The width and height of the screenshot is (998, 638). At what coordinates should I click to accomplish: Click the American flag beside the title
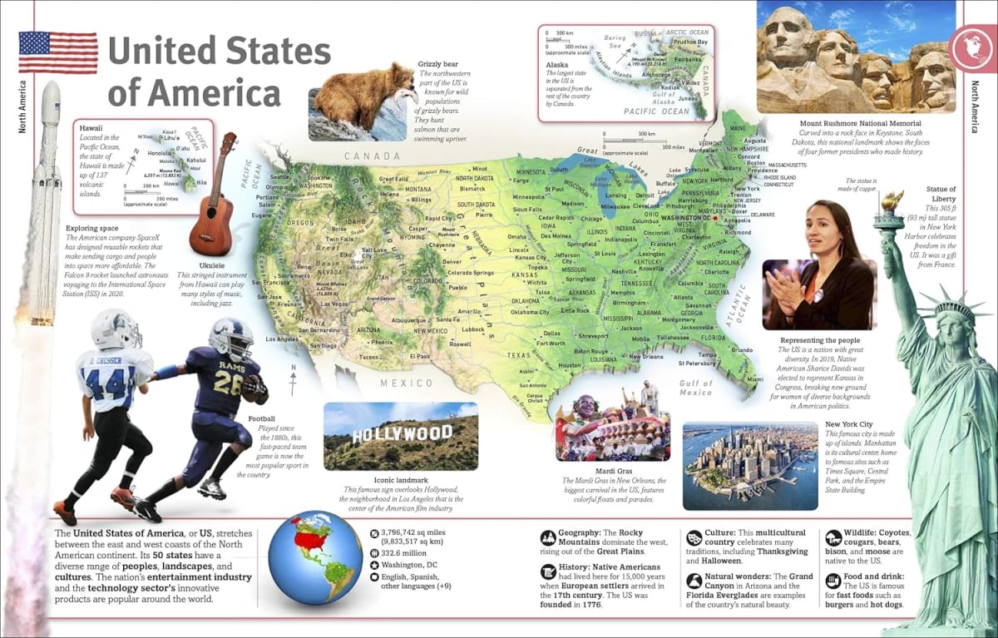(57, 52)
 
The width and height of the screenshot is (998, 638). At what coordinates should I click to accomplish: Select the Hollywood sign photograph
(400, 437)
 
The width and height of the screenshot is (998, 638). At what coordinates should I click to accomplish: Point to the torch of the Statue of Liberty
(892, 200)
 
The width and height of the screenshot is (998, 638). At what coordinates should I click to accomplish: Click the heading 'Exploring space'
(93, 227)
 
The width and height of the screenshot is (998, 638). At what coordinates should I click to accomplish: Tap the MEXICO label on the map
(407, 383)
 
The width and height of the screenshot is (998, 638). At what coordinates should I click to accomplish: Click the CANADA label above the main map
(373, 156)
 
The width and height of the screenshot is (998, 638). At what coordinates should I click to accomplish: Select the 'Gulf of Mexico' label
(696, 388)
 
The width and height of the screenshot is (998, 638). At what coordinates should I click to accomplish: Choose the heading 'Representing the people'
(820, 340)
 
